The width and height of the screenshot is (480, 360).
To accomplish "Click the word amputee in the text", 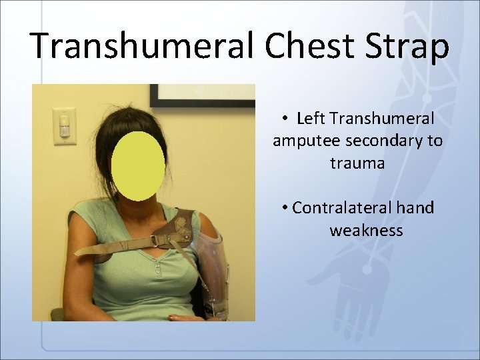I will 301,141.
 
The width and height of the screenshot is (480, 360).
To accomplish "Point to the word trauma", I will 357,163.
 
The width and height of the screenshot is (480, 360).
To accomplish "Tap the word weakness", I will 366,231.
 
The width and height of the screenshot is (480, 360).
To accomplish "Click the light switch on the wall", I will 65,127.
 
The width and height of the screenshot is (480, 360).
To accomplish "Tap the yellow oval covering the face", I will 138,166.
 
